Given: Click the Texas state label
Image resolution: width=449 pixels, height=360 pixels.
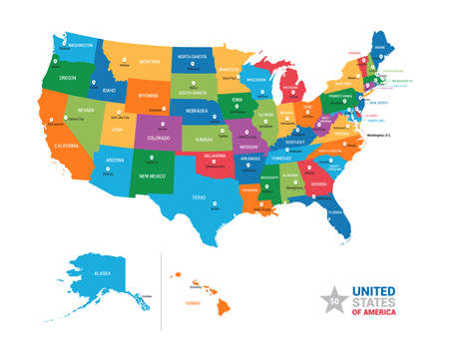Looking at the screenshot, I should click(x=201, y=196).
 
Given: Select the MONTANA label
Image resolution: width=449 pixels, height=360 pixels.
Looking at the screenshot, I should click(x=149, y=62).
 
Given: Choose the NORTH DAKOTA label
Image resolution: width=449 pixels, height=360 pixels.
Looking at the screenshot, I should click(x=192, y=57).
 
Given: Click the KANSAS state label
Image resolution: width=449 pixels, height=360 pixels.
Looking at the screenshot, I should click(x=207, y=140).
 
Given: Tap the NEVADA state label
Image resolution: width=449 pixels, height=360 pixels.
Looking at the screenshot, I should click(x=86, y=111).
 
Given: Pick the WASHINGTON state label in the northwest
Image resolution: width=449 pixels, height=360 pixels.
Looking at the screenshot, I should click(x=81, y=45).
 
